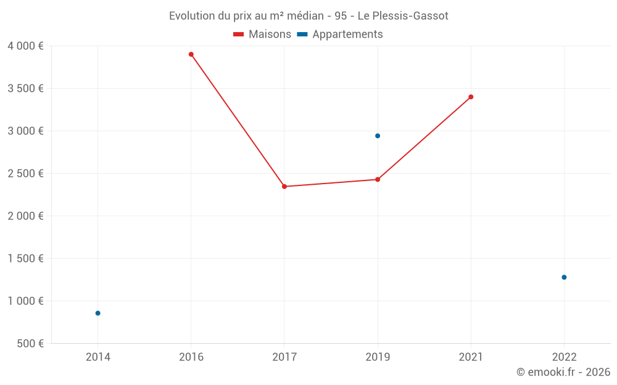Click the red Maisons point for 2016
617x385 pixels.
[x=191, y=54]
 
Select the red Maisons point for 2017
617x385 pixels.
[x=284, y=187]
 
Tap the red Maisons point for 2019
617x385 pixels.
[x=378, y=179]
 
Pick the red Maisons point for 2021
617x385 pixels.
[x=471, y=97]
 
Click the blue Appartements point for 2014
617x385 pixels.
[x=97, y=313]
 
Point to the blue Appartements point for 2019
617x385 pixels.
[x=378, y=136]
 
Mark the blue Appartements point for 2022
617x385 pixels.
[x=564, y=277]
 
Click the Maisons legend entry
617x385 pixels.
[x=262, y=34]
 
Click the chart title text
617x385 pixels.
[x=308, y=15]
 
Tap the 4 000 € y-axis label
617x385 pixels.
[x=25, y=46]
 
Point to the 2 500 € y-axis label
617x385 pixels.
[x=25, y=173]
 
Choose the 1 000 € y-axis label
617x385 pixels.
[x=25, y=301]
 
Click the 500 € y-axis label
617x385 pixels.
[x=29, y=343]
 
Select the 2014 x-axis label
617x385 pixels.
[x=97, y=357]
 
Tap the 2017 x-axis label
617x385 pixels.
[x=284, y=357]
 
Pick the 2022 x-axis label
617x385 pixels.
[x=564, y=357]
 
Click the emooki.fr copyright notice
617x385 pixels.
[x=563, y=372]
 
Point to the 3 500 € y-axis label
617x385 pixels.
[x=25, y=88]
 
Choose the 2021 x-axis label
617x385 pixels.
[x=471, y=357]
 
